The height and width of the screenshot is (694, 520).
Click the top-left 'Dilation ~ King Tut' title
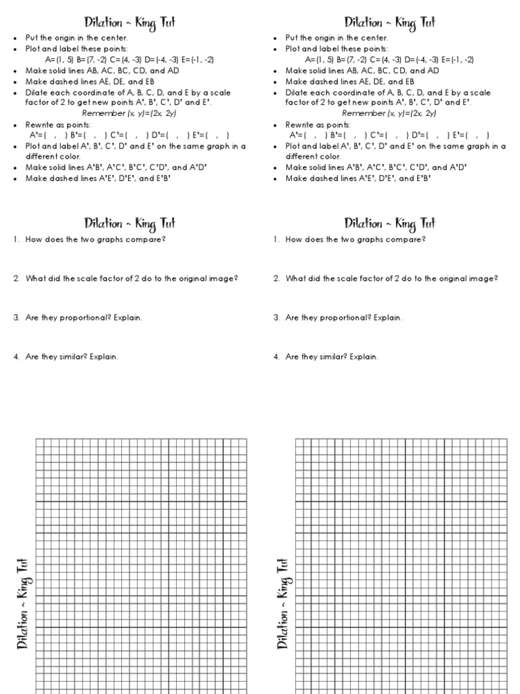[x=130, y=22]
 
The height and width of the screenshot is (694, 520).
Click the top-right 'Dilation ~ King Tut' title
[x=390, y=22]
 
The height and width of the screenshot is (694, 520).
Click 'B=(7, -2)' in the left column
[x=90, y=60]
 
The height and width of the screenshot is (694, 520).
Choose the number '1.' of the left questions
[x=16, y=239]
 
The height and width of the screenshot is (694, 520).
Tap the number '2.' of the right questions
[x=276, y=279]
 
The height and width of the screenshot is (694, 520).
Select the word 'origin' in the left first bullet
[x=63, y=38]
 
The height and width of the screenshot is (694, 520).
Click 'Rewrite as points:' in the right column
[x=318, y=125]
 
